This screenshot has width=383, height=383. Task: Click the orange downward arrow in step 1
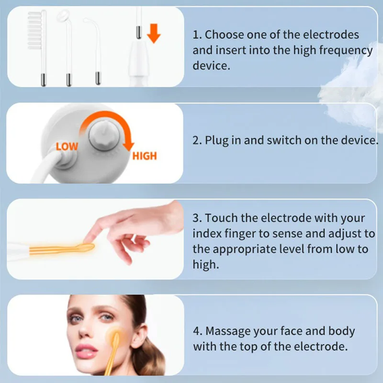154,33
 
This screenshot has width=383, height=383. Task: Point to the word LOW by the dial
67,146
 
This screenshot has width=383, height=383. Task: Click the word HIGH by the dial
145,156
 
